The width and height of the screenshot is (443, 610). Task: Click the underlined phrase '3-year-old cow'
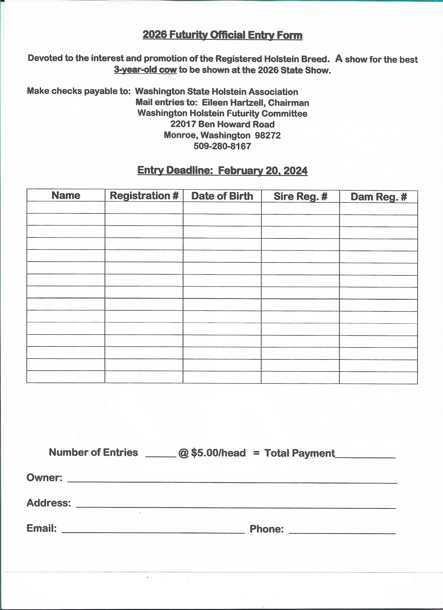pos(145,70)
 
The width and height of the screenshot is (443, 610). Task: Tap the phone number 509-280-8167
pos(222,146)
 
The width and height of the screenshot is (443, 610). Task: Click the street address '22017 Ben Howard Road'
pos(222,124)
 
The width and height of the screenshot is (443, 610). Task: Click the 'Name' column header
pos(66,195)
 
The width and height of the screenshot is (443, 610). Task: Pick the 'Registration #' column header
pos(144,195)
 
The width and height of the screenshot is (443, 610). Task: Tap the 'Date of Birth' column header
pos(222,196)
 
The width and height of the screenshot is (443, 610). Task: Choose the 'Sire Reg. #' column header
pos(300,196)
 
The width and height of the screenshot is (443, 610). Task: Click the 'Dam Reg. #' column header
pos(379,197)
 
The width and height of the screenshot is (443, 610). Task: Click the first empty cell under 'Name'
pos(66,207)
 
